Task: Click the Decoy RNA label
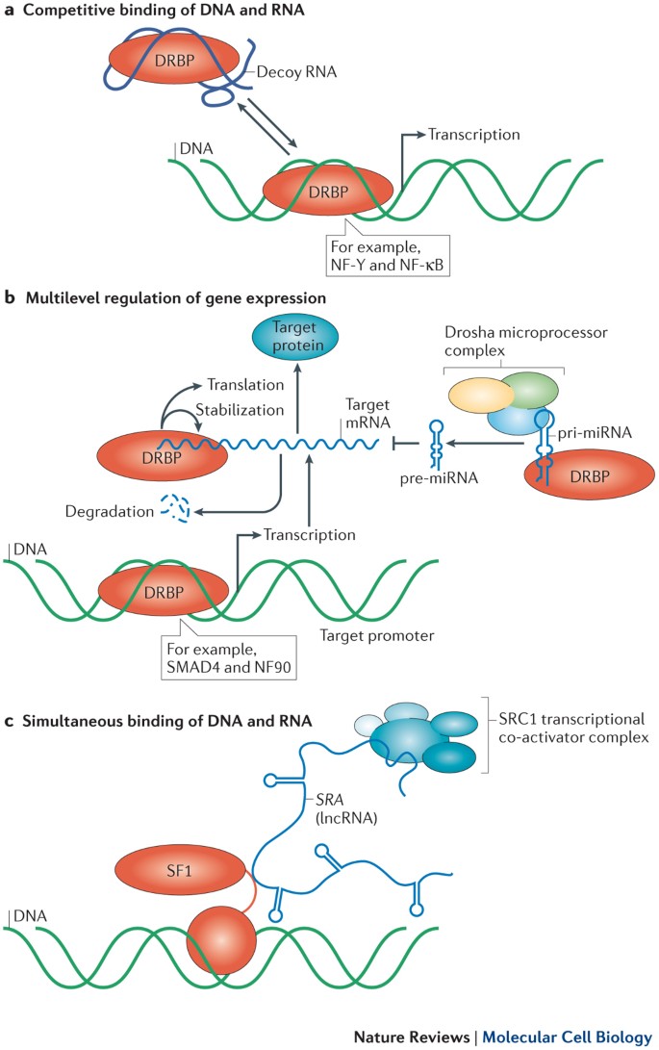(x=296, y=71)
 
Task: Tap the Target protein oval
(x=295, y=337)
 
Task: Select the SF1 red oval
(x=180, y=871)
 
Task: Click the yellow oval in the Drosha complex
(x=480, y=396)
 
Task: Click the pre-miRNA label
(x=440, y=478)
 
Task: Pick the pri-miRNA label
(x=595, y=432)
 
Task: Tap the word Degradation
(x=109, y=512)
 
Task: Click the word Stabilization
(x=240, y=410)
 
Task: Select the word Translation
(x=245, y=384)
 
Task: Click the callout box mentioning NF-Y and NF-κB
(x=387, y=255)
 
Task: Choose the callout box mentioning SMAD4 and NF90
(x=228, y=657)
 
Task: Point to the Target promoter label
(x=377, y=635)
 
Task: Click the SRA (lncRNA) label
(x=345, y=808)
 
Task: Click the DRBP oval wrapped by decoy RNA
(x=174, y=61)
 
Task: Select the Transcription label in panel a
(x=474, y=135)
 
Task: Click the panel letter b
(x=10, y=297)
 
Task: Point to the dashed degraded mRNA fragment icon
(x=175, y=508)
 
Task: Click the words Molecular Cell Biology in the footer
(x=568, y=1037)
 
